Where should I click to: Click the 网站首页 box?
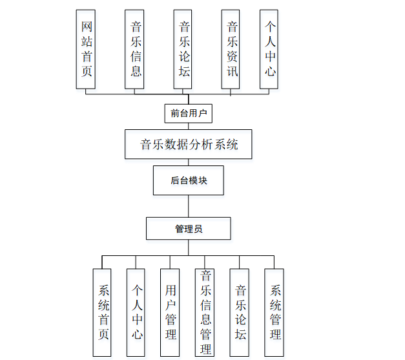click(x=87, y=49)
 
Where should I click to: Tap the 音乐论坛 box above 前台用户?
click(x=183, y=49)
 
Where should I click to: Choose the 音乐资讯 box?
click(x=232, y=49)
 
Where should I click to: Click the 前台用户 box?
click(x=188, y=114)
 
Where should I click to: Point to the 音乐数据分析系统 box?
click(x=188, y=144)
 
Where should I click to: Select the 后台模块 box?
click(x=189, y=180)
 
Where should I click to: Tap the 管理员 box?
click(x=188, y=229)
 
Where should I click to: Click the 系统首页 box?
click(x=103, y=313)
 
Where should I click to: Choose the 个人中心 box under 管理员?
click(x=136, y=313)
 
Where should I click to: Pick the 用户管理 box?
click(x=171, y=313)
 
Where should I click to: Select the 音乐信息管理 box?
click(x=205, y=313)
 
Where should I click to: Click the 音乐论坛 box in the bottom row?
click(x=240, y=313)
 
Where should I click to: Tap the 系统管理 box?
click(x=275, y=313)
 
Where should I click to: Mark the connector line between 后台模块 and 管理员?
click(x=189, y=206)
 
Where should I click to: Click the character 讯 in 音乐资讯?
click(x=232, y=70)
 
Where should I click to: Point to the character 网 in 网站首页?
click(x=87, y=27)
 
